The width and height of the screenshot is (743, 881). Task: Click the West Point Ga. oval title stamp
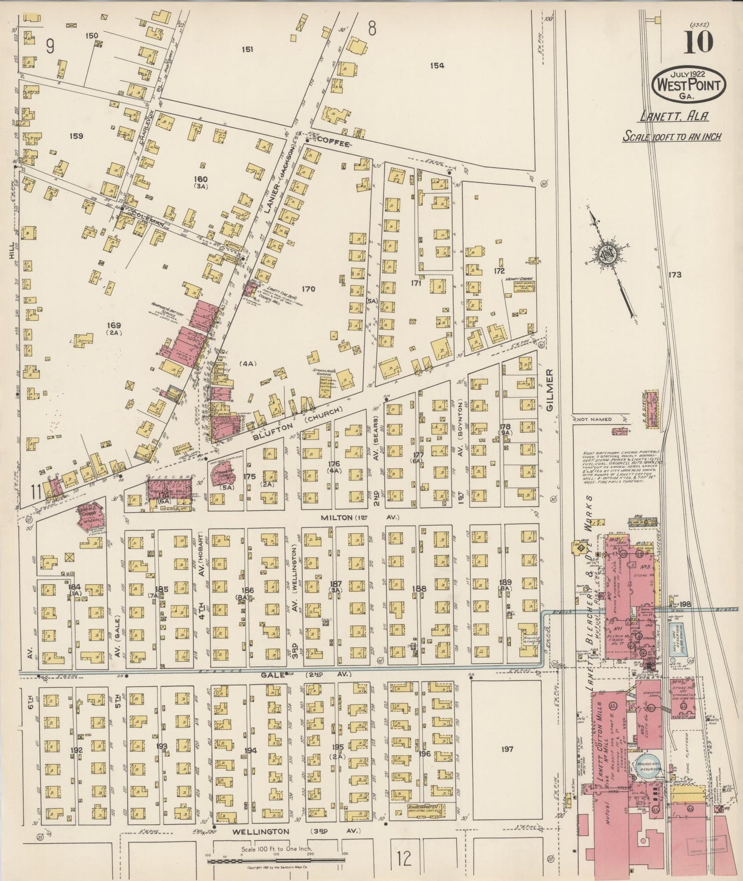coord(688,84)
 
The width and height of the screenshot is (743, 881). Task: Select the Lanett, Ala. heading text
coord(674,117)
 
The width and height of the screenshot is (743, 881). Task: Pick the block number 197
coord(506,750)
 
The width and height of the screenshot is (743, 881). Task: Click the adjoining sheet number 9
coord(50,47)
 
